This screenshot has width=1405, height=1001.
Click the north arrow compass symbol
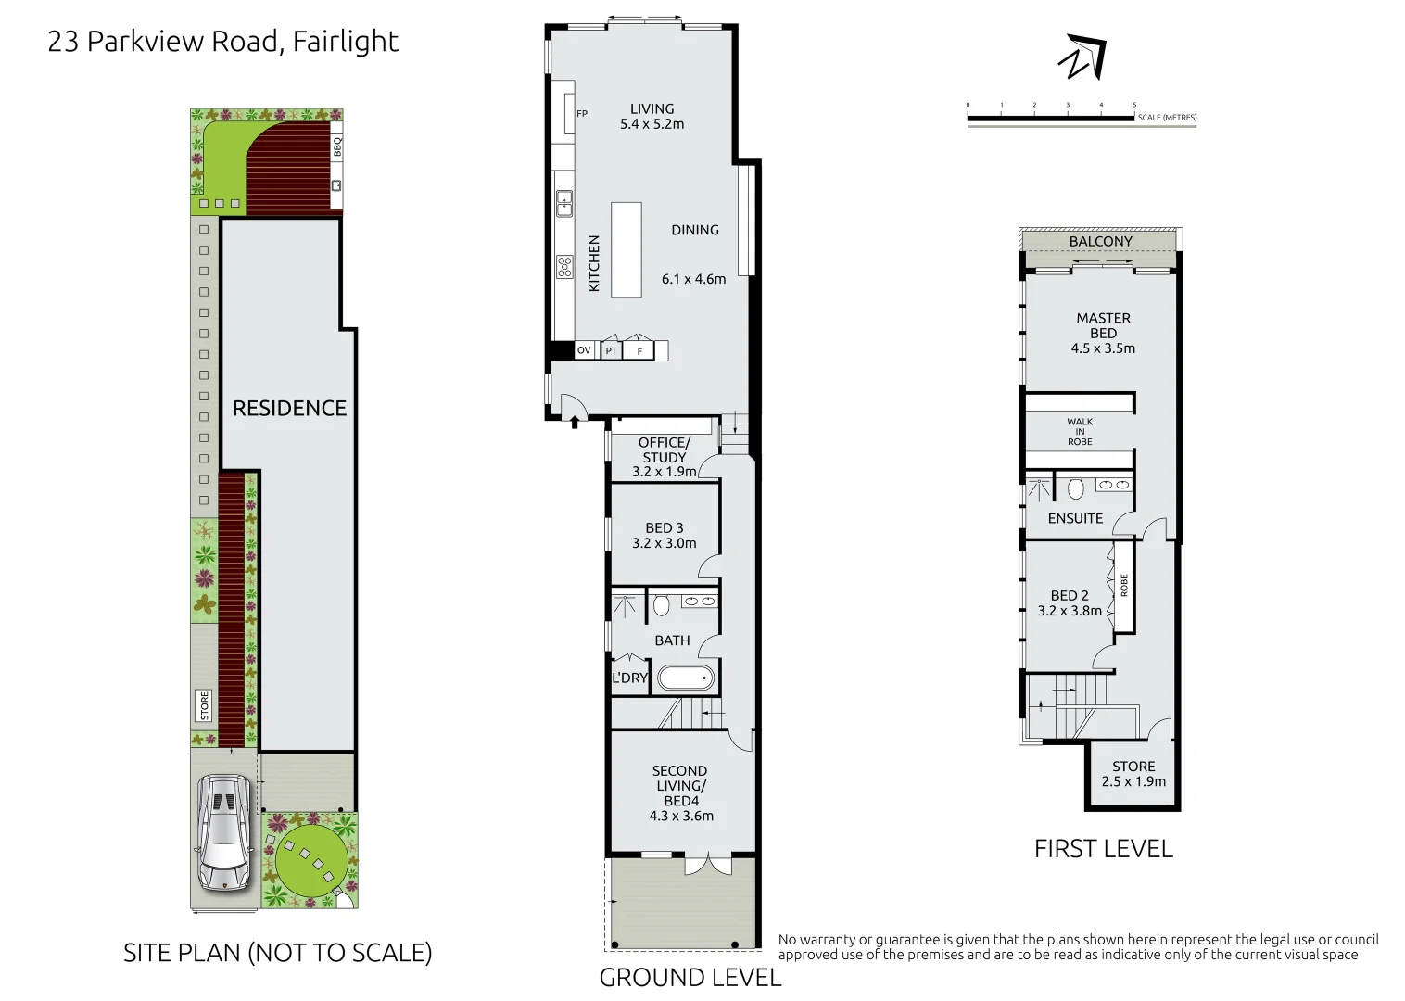pos(1082,57)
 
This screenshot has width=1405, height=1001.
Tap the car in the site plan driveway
pos(223,833)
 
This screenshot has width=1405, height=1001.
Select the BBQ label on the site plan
pos(337,146)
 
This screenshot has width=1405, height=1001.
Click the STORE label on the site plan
pos(205,705)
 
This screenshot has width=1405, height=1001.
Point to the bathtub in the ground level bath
pos(686,678)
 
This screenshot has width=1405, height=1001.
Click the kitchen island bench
pos(627,249)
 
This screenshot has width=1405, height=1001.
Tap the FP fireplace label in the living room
pos(582,114)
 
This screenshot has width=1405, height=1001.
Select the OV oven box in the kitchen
pos(584,350)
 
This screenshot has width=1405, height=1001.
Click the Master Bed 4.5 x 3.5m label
pos(1103,333)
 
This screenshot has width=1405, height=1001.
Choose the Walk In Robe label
pos(1080,432)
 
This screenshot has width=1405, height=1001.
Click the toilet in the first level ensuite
pos(1076,488)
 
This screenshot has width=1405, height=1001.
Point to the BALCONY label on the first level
pos(1100,241)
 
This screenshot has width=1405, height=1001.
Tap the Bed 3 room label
pos(665,536)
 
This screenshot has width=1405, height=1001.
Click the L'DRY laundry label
pos(630,678)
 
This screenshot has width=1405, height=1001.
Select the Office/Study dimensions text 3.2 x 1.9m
pos(665,472)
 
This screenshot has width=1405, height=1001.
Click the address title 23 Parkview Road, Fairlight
pos(222,42)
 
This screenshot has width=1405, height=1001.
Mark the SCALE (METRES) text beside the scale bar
pos(1167,118)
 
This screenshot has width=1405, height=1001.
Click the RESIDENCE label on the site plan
pos(289,409)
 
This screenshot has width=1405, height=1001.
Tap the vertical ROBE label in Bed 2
pos(1124,586)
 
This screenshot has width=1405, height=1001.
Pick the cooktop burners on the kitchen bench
pos(564,267)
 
